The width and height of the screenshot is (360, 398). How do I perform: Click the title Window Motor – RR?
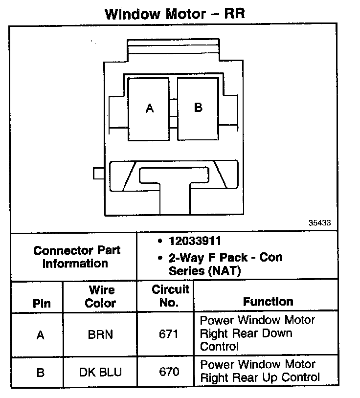[175, 13]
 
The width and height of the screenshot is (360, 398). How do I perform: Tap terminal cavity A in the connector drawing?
[149, 108]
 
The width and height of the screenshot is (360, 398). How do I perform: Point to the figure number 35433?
[320, 222]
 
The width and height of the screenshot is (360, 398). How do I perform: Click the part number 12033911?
[195, 241]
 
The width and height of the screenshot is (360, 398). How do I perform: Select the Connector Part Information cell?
[77, 257]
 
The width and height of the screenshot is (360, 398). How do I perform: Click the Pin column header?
[42, 303]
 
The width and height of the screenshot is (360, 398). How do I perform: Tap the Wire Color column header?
[100, 296]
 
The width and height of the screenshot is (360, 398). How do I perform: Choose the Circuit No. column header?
[169, 296]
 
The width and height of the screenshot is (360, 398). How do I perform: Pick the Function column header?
[268, 302]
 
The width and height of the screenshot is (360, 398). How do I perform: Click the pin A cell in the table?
[41, 335]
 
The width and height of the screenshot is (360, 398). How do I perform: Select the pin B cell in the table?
[41, 373]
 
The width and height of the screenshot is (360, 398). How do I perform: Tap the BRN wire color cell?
[100, 335]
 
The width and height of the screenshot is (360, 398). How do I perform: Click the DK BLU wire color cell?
[100, 373]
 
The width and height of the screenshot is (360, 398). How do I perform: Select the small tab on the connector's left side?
[97, 174]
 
